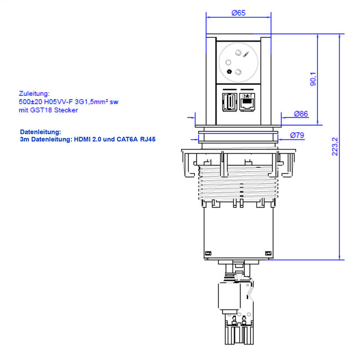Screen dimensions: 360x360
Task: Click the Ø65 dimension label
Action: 238,13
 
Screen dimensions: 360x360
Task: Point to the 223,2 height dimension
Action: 335,146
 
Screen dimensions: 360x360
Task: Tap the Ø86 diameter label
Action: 301,115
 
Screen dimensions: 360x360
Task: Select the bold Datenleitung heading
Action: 39,132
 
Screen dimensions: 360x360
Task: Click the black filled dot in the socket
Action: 229,71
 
